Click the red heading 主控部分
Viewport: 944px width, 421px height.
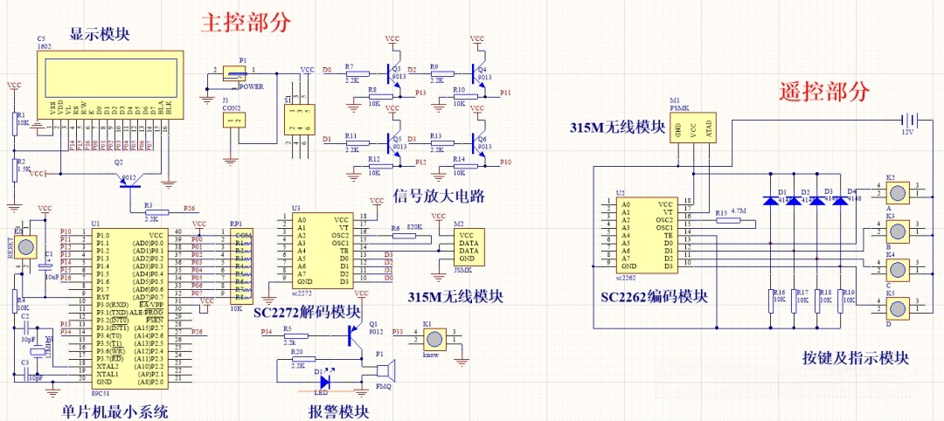(x=246, y=21)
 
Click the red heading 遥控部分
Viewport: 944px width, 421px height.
(x=825, y=90)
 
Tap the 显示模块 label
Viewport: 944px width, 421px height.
(x=100, y=34)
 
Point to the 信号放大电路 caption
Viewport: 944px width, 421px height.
(x=439, y=195)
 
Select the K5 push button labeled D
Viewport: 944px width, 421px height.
(x=897, y=307)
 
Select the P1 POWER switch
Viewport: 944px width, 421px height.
(x=230, y=77)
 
